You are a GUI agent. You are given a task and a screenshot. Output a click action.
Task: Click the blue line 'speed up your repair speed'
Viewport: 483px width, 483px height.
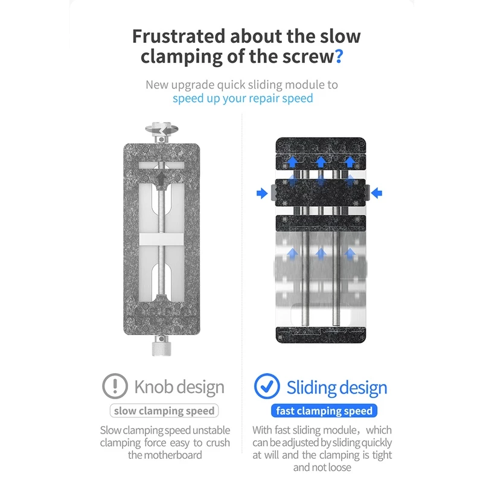click(x=243, y=98)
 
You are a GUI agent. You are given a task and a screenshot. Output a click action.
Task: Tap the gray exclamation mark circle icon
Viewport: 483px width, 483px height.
click(x=115, y=386)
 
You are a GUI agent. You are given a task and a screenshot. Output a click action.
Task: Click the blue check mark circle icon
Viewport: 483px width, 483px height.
click(x=266, y=386)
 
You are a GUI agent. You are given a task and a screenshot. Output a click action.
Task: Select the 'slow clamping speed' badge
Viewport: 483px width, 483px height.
click(x=164, y=411)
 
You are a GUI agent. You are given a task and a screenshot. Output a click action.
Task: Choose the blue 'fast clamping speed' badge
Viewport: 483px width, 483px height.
click(x=324, y=411)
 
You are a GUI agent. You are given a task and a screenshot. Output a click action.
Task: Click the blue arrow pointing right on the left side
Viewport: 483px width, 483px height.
click(x=262, y=193)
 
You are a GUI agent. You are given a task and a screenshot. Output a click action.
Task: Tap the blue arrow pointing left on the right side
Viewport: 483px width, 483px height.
click(x=378, y=193)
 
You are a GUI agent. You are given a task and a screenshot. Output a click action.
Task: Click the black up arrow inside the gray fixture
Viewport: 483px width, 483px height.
click(x=162, y=179)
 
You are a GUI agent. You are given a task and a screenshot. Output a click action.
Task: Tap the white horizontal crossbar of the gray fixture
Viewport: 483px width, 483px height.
click(x=161, y=240)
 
